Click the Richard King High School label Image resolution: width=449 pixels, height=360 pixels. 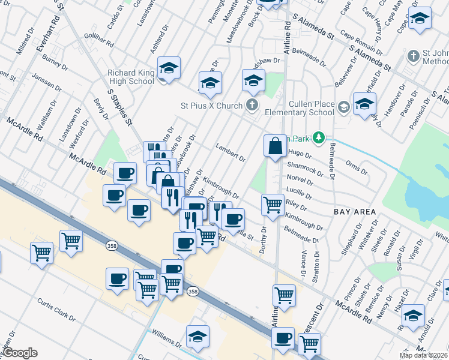point(131,77)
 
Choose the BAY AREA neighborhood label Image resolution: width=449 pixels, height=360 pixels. point(355,212)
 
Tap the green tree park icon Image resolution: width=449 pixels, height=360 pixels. point(319,139)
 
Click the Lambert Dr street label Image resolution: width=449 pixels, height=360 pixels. point(231,152)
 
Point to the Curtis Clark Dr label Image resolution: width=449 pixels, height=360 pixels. point(56,308)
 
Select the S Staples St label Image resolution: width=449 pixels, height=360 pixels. point(119,107)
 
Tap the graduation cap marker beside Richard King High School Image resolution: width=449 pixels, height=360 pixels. point(169,69)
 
